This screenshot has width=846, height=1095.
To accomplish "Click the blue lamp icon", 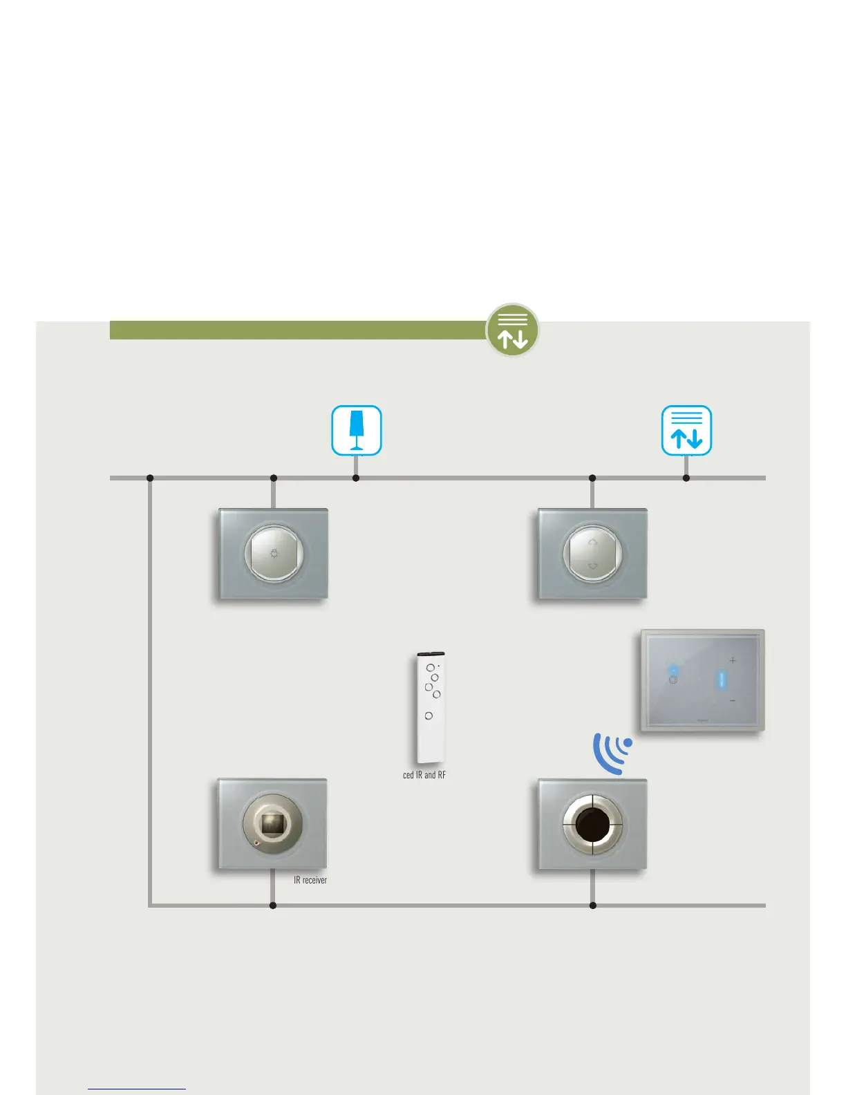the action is pyautogui.click(x=357, y=431).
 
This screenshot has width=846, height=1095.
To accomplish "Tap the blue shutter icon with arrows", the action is pyautogui.click(x=686, y=431).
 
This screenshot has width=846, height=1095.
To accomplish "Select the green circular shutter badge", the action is pyautogui.click(x=512, y=330).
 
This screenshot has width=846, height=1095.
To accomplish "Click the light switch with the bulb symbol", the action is pyautogui.click(x=274, y=554).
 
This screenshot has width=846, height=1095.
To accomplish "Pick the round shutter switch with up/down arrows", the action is pyautogui.click(x=592, y=554).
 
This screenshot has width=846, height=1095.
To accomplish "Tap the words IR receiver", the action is pyautogui.click(x=310, y=880).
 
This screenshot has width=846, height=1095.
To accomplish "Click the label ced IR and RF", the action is pyautogui.click(x=424, y=775).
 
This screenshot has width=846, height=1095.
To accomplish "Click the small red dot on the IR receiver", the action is pyautogui.click(x=257, y=843).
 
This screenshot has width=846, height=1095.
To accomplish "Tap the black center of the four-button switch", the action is pyautogui.click(x=592, y=824).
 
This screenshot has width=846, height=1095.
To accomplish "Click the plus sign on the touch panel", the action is pyautogui.click(x=733, y=660).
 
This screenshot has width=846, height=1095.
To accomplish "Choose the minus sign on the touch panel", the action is pyautogui.click(x=733, y=701).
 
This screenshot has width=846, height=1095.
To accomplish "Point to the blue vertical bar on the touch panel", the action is pyautogui.click(x=720, y=680).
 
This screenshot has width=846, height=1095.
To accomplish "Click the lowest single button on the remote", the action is pyautogui.click(x=429, y=715).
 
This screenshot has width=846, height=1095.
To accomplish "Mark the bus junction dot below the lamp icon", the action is pyautogui.click(x=356, y=478).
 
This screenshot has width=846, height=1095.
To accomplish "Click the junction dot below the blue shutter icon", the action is pyautogui.click(x=686, y=478).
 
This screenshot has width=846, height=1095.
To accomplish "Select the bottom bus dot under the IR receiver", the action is pyautogui.click(x=273, y=905).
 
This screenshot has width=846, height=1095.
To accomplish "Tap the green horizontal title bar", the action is pyautogui.click(x=297, y=330).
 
